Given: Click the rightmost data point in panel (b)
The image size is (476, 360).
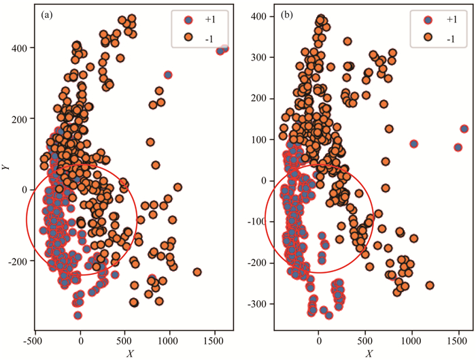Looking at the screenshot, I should [464, 129].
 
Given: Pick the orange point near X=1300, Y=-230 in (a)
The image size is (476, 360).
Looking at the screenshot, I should [197, 272].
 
